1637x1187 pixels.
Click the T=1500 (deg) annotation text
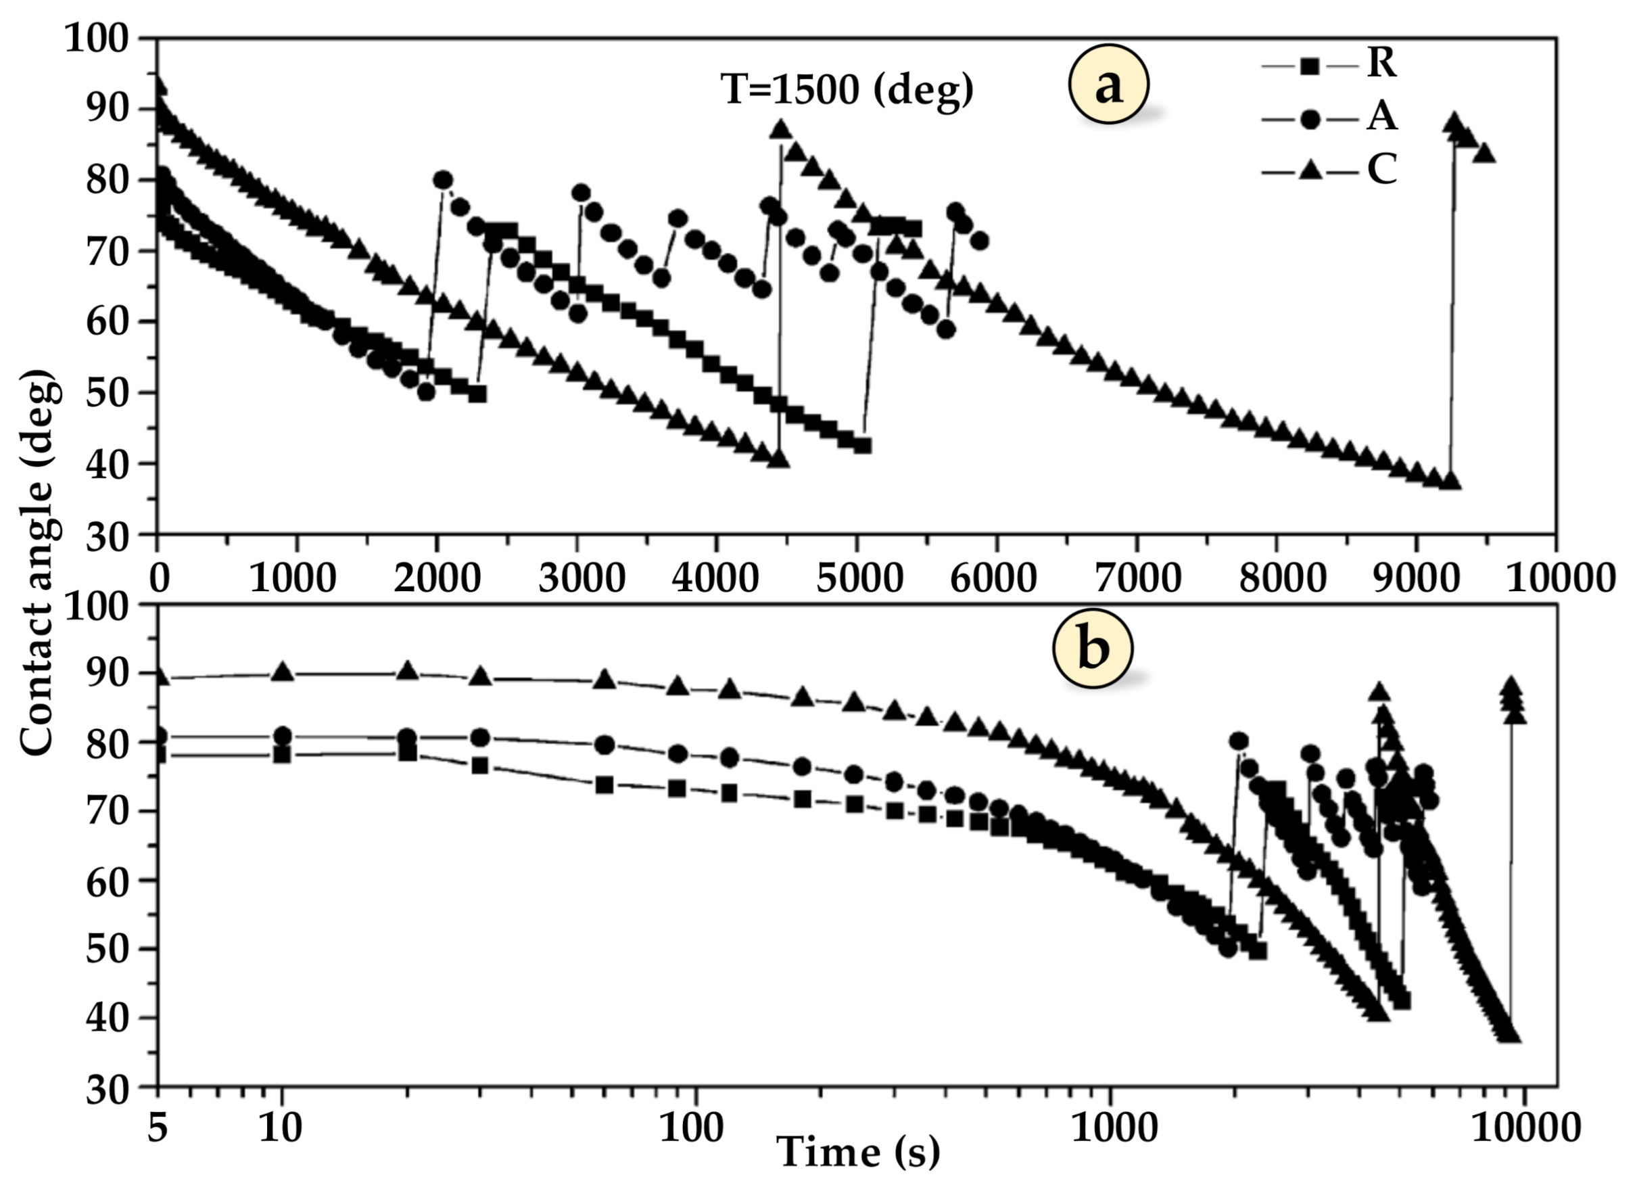click(x=847, y=91)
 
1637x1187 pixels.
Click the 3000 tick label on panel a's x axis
click(x=582, y=578)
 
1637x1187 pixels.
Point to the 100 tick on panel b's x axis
click(x=692, y=1127)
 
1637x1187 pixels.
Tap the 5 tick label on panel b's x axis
click(x=158, y=1127)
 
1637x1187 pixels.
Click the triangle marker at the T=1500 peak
click(x=780, y=130)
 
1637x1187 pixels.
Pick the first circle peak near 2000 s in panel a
click(x=442, y=180)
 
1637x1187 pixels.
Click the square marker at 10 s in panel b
click(x=282, y=755)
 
